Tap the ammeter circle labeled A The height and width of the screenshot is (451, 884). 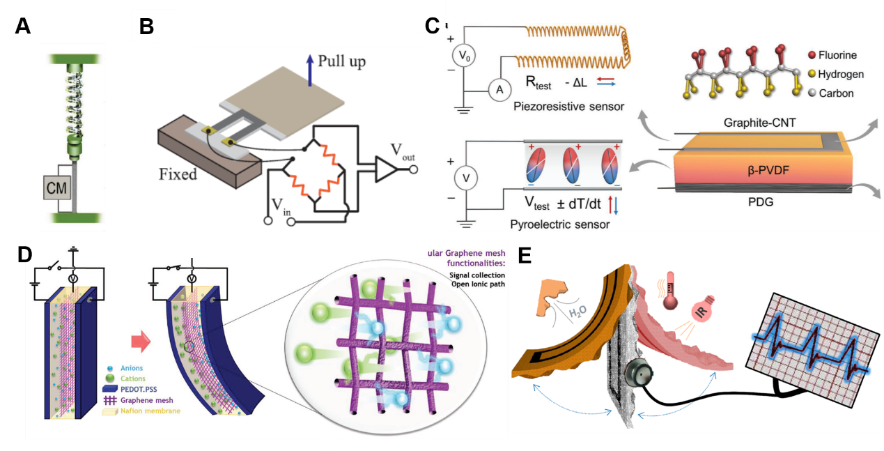498,89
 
